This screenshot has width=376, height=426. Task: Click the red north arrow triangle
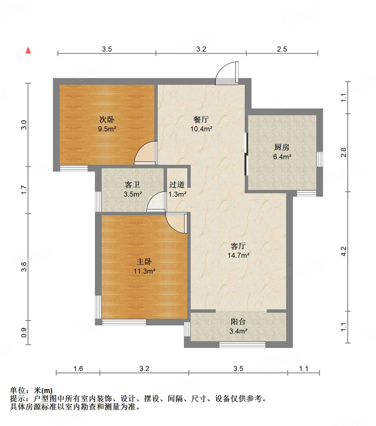tap(28, 50)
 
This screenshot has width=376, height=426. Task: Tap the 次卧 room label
tap(107, 119)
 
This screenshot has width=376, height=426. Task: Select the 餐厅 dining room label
tap(201, 119)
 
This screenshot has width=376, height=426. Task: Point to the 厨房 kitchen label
tap(282, 147)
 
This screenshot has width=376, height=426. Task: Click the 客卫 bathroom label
tap(132, 185)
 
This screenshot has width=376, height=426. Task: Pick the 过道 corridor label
tap(177, 185)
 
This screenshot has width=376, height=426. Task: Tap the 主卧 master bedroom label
tap(144, 262)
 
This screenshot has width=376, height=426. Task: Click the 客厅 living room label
tap(238, 246)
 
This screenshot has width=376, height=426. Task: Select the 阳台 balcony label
tap(238, 321)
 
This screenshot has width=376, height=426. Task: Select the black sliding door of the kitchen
tap(246, 154)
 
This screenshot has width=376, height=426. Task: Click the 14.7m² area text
tap(238, 255)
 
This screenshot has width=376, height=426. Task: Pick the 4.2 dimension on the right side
tap(343, 251)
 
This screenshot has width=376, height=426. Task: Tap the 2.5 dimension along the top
tap(282, 49)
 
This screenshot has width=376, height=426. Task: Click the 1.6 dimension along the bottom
tap(78, 369)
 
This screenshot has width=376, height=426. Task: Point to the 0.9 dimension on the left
tap(24, 332)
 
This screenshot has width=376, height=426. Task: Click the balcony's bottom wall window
tap(242, 344)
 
